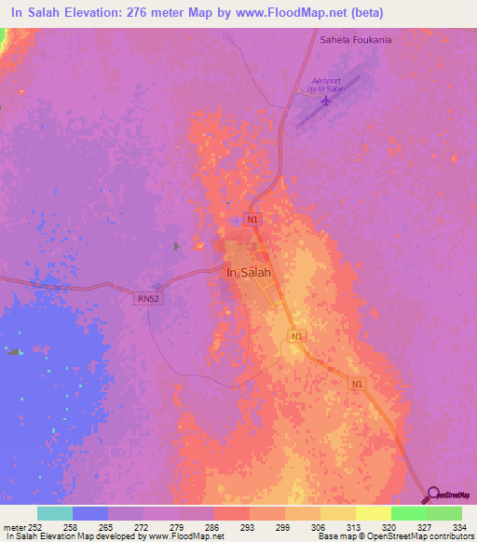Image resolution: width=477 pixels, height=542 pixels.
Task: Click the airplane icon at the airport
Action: (x=325, y=101)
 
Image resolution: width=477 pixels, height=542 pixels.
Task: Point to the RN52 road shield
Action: (x=148, y=299)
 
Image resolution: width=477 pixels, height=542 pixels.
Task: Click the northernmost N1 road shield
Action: (x=252, y=220)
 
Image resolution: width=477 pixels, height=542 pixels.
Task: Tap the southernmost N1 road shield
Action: (x=358, y=383)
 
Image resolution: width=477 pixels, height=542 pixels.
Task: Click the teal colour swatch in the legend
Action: (x=55, y=513)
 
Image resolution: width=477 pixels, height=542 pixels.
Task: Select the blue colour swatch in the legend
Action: (x=90, y=513)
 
